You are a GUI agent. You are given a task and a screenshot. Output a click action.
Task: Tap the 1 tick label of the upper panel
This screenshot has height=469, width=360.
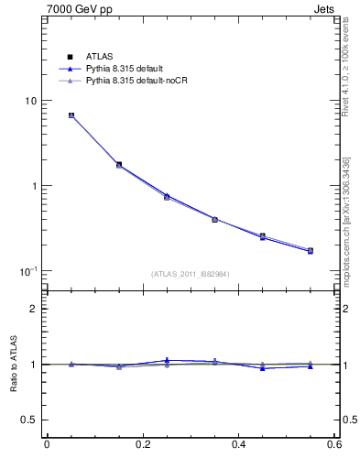34,186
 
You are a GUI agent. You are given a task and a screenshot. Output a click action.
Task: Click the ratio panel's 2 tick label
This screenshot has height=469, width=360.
34,309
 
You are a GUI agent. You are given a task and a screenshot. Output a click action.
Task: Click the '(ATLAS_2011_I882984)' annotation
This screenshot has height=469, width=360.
190,273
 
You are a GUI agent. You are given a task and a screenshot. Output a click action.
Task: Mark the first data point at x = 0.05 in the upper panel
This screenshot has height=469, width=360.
71,115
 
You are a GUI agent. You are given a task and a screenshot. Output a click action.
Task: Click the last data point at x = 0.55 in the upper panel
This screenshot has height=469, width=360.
311,250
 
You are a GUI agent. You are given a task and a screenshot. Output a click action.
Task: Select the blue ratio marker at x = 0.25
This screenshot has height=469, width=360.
167,360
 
